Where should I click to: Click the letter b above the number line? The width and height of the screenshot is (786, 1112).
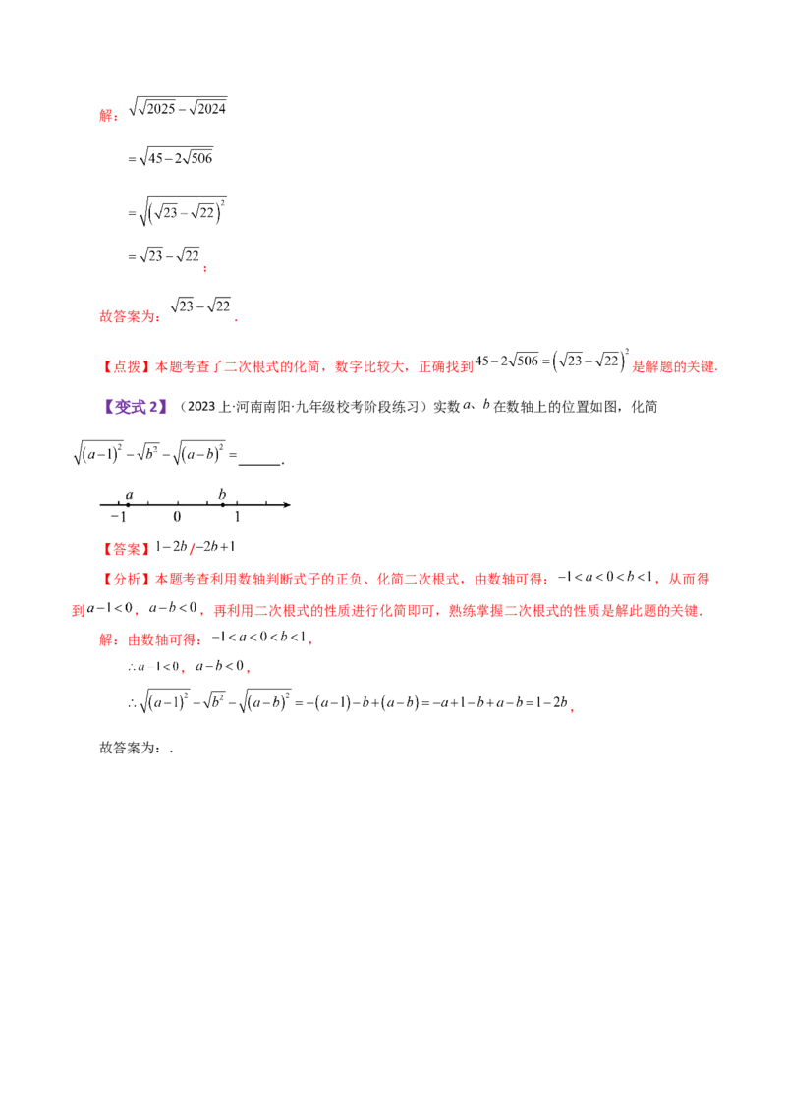[x=222, y=493]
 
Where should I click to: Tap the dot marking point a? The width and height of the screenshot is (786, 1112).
[x=129, y=505]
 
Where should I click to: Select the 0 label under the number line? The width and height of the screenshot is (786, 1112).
[x=177, y=517]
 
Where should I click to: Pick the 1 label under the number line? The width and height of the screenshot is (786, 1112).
[x=237, y=517]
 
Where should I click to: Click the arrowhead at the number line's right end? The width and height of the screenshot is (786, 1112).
[x=286, y=505]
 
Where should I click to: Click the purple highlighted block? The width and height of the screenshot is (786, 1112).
[x=137, y=405]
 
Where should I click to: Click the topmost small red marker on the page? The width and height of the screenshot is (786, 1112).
[x=107, y=116]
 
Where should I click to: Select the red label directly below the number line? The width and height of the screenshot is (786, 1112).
[x=125, y=547]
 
